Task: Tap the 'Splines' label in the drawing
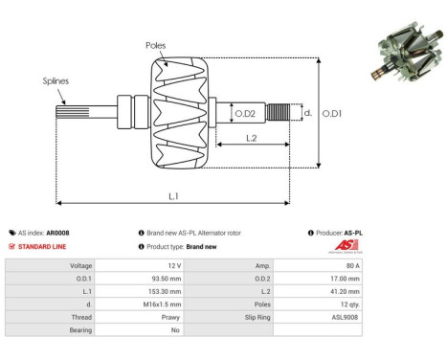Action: [x=56, y=81]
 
